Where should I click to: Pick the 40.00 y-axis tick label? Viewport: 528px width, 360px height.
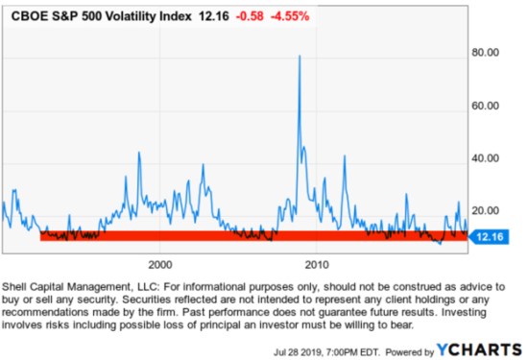click(x=490, y=158)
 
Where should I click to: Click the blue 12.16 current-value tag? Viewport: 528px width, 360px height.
click(x=490, y=235)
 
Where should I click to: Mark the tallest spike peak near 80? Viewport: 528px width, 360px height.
click(x=300, y=56)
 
